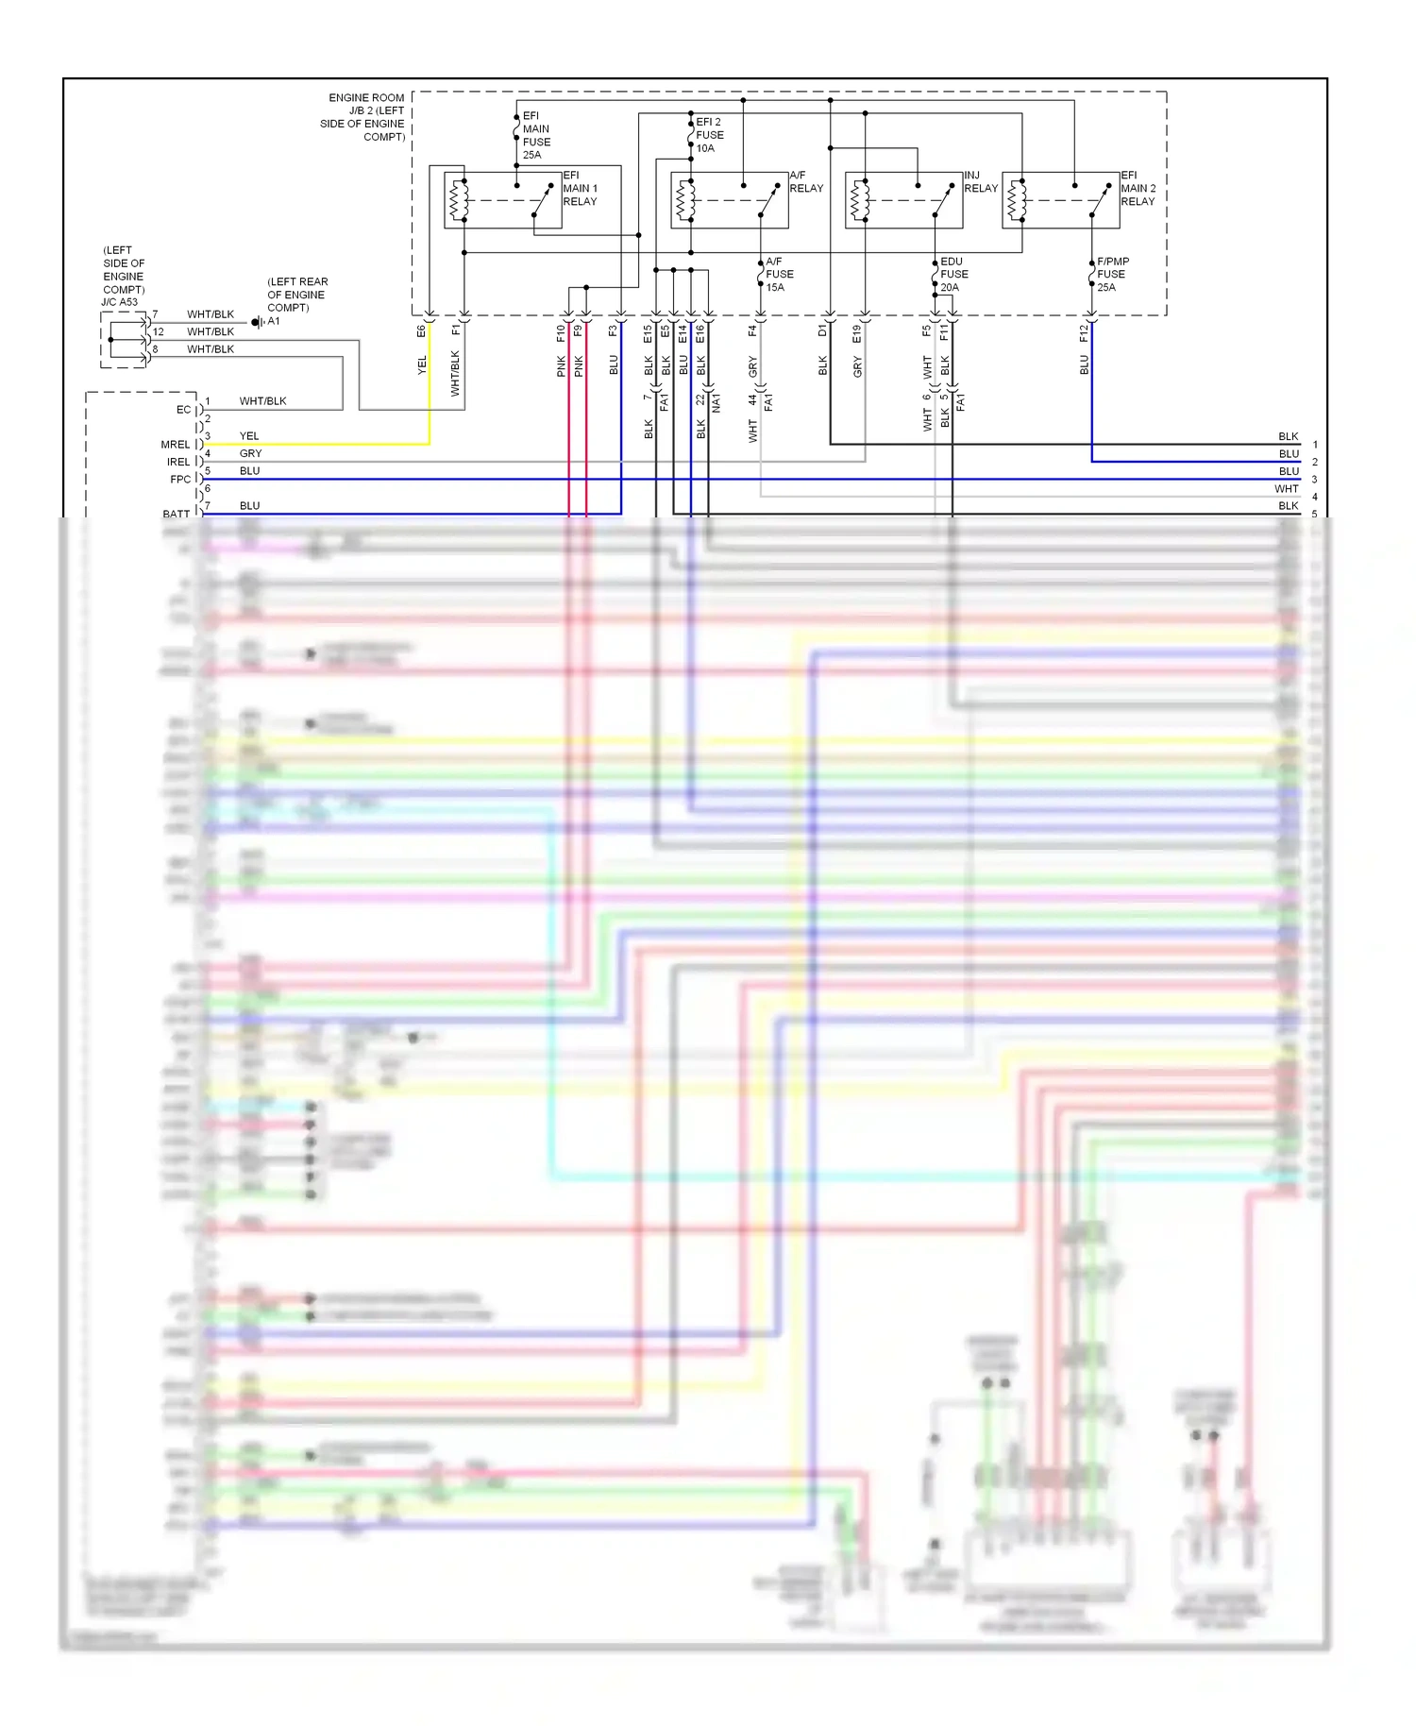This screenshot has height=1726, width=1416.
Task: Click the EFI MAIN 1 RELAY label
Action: (580, 189)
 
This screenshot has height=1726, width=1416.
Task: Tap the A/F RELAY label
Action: (805, 182)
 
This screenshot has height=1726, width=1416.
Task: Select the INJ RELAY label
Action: (980, 182)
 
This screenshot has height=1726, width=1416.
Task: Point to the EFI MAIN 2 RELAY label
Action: (1138, 189)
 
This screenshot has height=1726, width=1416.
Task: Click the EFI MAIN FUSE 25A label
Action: (536, 136)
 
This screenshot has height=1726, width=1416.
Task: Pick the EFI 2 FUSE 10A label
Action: (709, 135)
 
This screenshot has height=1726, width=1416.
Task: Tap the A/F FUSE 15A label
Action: (779, 275)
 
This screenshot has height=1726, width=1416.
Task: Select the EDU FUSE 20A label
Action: (953, 275)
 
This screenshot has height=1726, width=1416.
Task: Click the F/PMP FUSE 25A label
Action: (1112, 275)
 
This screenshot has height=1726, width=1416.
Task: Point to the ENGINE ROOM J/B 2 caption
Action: (363, 117)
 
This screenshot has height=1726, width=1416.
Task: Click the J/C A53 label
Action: (120, 302)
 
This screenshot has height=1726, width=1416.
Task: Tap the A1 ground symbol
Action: (257, 323)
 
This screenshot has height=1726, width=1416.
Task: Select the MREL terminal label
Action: (175, 445)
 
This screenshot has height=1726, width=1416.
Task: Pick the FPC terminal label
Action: (179, 480)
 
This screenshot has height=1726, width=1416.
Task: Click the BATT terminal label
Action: (176, 514)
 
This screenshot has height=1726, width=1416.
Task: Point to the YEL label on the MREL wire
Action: (249, 436)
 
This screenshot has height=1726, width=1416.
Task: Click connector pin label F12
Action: (1084, 332)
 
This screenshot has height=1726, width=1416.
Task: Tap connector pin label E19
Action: (857, 333)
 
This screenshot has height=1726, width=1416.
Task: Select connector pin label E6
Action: (421, 331)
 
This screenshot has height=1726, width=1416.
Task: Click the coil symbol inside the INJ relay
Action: (858, 200)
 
